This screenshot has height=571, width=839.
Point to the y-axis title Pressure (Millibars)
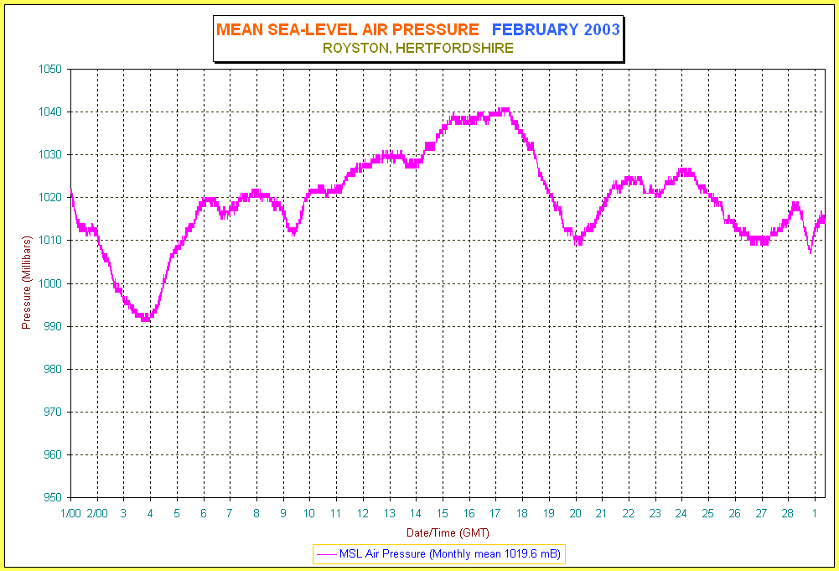point(26,283)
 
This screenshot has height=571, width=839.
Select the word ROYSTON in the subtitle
point(354,49)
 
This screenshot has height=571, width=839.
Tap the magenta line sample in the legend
point(326,554)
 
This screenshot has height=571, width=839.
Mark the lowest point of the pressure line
point(147,319)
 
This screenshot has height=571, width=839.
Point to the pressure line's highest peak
point(505,109)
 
